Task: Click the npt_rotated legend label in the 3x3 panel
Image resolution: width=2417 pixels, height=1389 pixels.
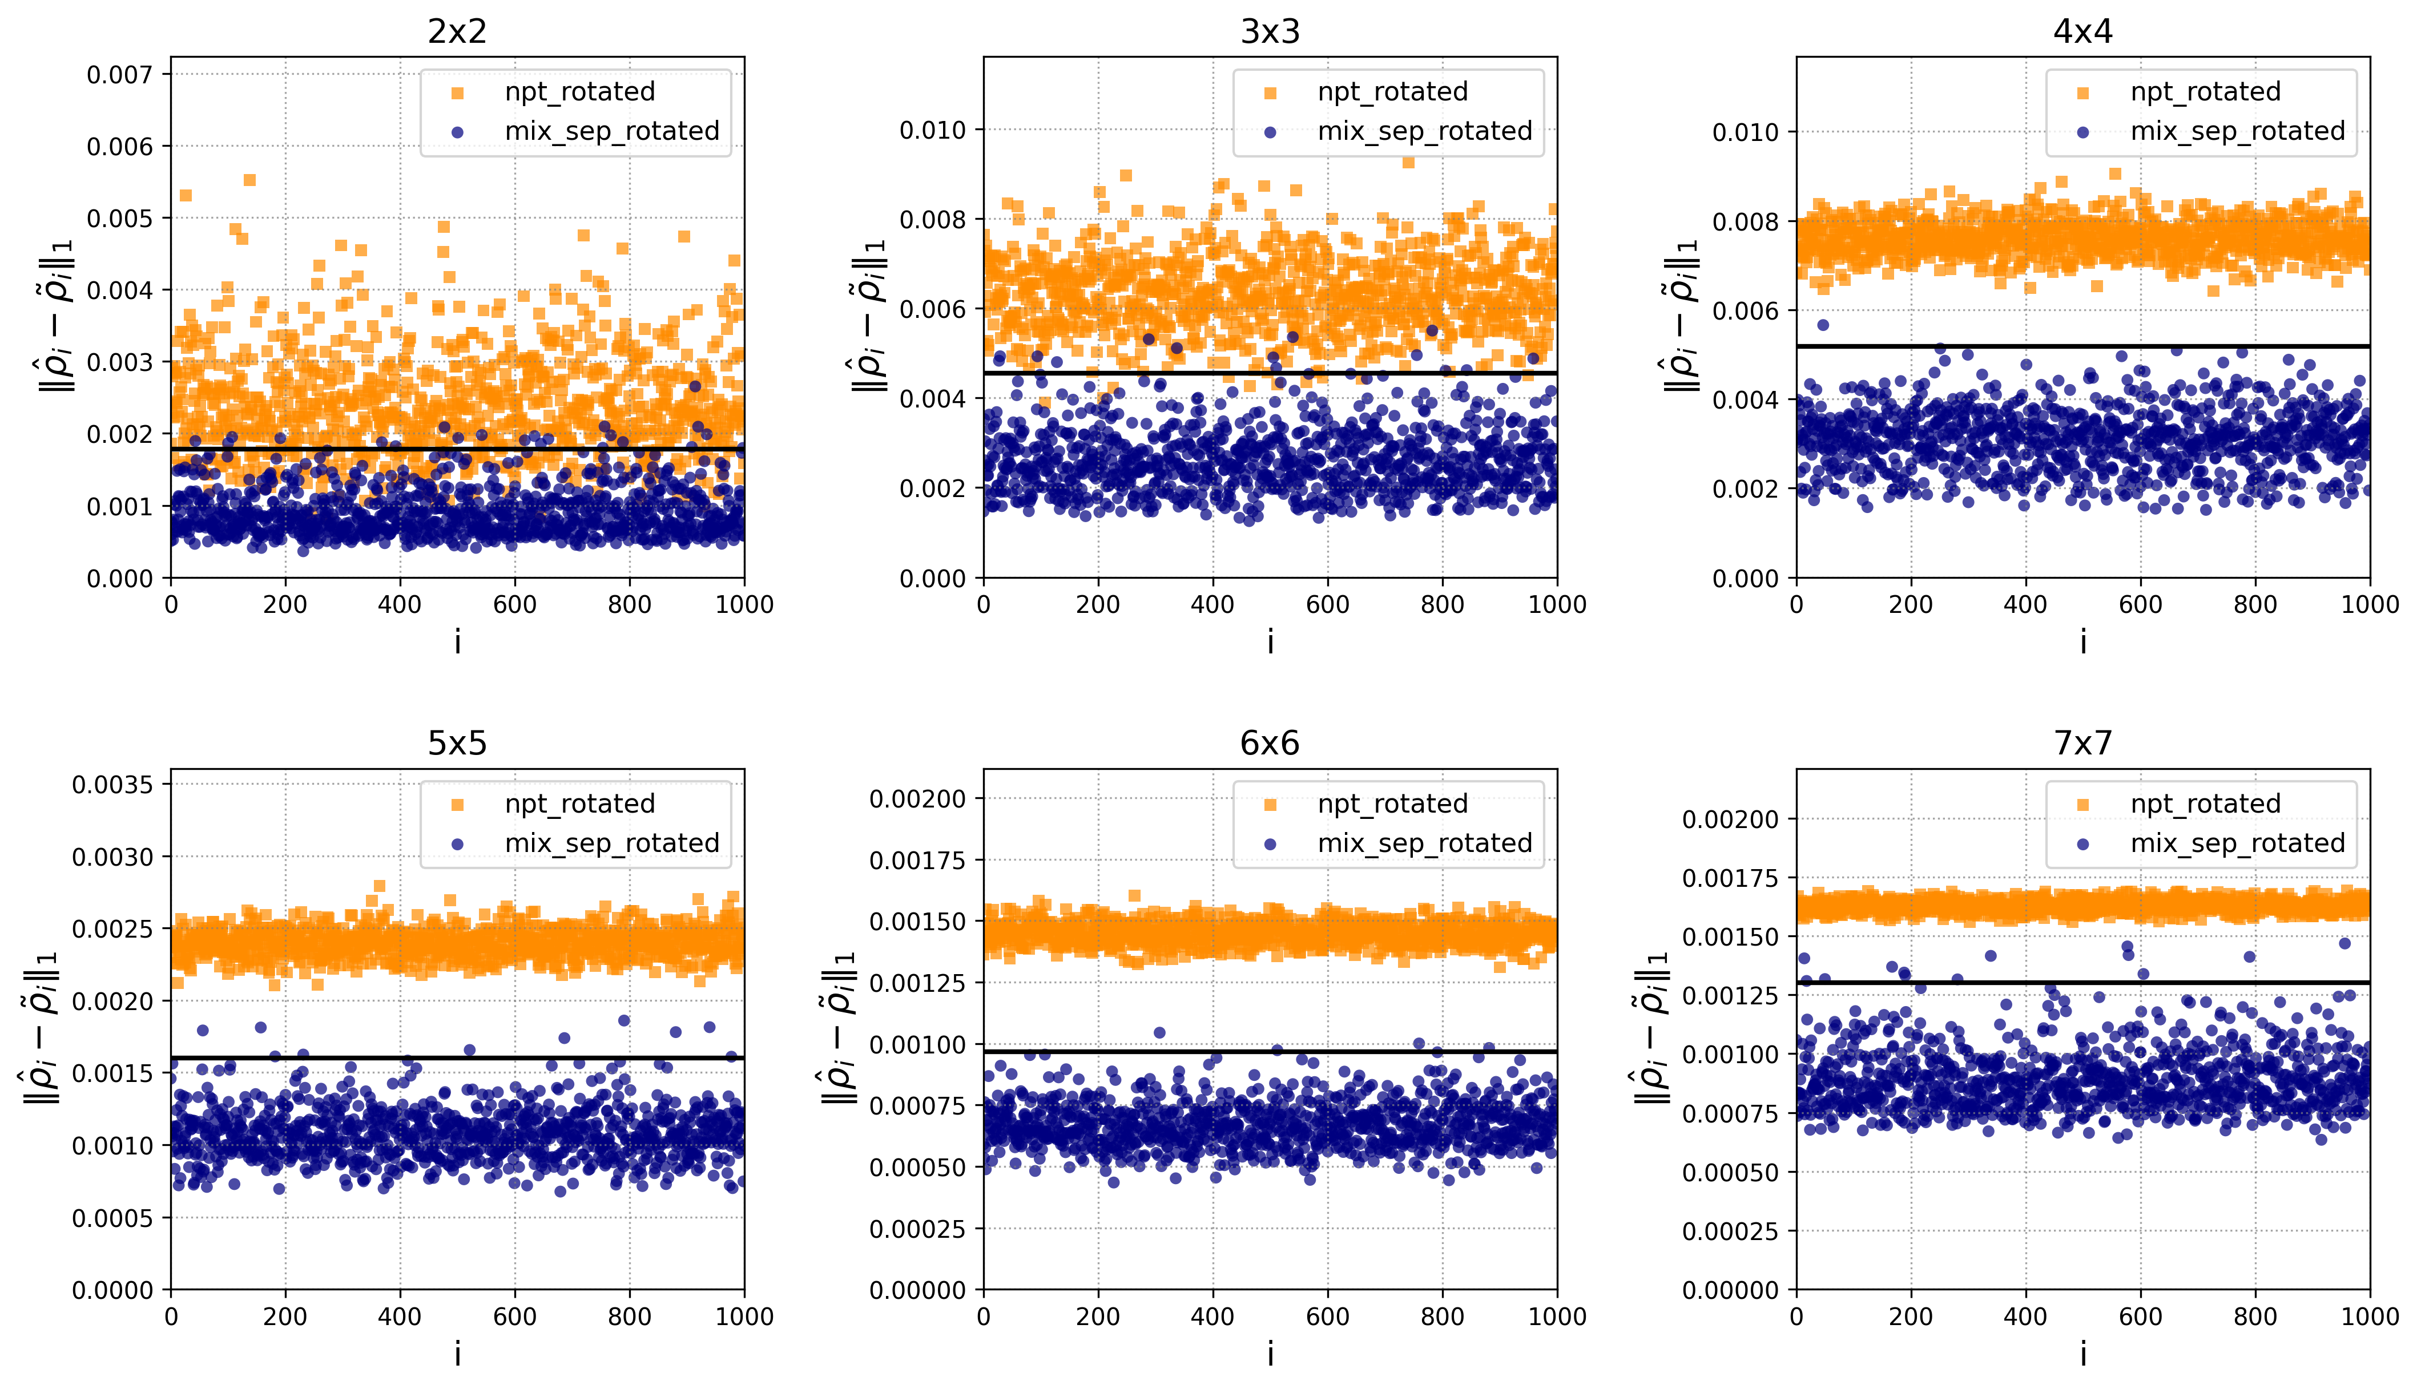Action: pos(1392,91)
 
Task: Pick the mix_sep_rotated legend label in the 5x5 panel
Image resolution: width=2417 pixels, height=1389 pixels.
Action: pos(611,843)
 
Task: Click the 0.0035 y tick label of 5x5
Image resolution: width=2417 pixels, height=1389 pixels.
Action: pos(112,785)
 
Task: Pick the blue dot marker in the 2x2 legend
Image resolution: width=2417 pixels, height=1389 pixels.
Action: pos(457,132)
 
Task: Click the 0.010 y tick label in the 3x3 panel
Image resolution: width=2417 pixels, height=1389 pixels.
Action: pos(932,130)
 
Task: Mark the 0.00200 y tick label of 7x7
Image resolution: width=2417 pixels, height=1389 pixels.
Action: pos(1730,819)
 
